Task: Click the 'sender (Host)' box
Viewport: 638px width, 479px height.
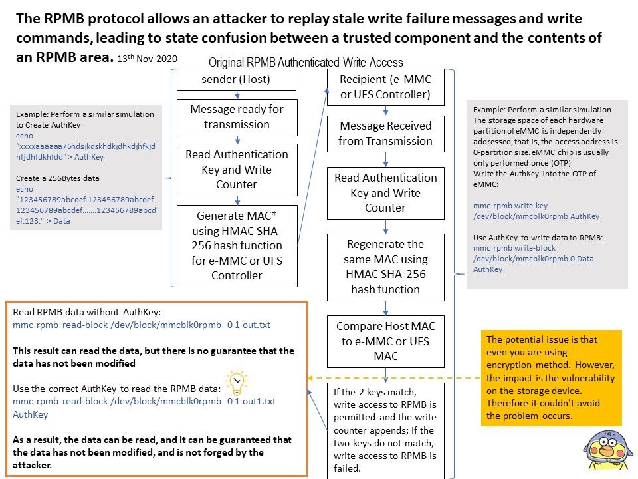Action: [x=237, y=79]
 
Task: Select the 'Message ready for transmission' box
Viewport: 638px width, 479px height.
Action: [x=237, y=117]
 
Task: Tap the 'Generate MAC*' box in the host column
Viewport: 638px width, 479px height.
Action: [x=237, y=245]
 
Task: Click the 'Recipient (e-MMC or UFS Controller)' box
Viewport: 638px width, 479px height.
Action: [x=385, y=87]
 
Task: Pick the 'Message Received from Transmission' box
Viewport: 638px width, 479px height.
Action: [x=385, y=134]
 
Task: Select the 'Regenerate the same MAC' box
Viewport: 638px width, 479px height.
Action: [x=385, y=267]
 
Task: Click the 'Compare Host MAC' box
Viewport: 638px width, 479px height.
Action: [x=385, y=341]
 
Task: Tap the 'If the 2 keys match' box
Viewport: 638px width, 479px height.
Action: [x=385, y=430]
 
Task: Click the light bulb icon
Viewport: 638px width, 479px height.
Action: [x=237, y=383]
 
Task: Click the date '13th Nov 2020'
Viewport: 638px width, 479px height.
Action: [x=148, y=59]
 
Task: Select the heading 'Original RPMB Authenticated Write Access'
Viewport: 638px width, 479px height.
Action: [x=306, y=63]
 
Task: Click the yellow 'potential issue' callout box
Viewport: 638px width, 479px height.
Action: [x=552, y=378]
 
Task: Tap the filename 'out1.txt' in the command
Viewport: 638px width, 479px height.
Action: [x=259, y=401]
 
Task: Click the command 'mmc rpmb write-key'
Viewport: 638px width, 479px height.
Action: [x=510, y=206]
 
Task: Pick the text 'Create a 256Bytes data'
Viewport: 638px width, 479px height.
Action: [x=57, y=178]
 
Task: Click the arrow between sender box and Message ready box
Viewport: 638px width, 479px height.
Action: [x=237, y=95]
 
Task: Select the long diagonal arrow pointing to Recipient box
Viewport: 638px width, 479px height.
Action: [x=312, y=167]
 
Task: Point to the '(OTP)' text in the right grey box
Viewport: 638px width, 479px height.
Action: [x=561, y=163]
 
